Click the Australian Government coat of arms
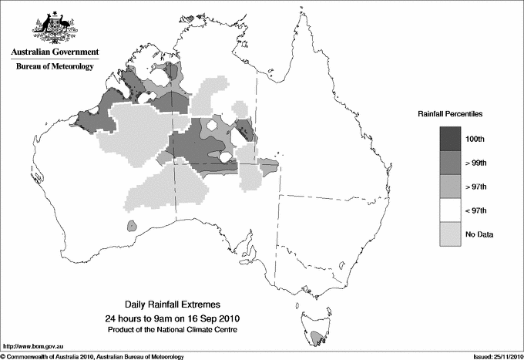[x=53, y=27]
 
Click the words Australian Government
[x=54, y=52]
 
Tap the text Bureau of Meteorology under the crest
[x=54, y=67]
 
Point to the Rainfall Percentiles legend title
[x=450, y=113]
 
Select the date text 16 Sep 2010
[x=203, y=318]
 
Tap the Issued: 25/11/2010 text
[x=492, y=355]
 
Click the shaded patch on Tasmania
[x=317, y=336]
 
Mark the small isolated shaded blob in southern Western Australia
[x=133, y=227]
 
